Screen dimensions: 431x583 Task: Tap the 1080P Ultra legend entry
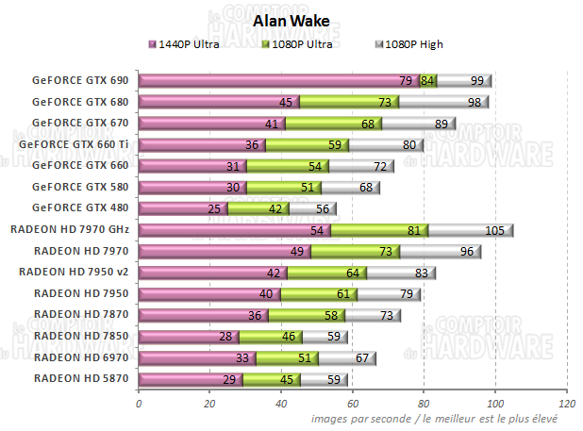pos(302,43)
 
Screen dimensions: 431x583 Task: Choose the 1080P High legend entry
pos(408,43)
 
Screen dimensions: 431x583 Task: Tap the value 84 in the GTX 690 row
pos(428,81)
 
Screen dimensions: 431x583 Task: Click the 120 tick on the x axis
pos(566,404)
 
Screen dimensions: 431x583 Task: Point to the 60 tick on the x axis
pos(353,404)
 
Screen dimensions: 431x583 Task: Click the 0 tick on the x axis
pos(139,404)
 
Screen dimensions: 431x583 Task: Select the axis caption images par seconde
pos(436,418)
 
